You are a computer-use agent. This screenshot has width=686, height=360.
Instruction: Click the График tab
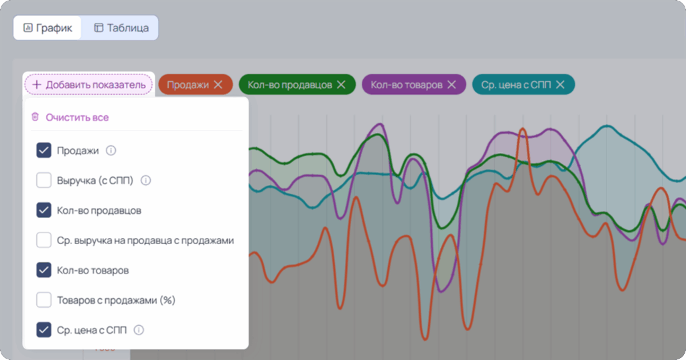(48, 28)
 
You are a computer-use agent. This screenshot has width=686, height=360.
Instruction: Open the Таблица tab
(121, 28)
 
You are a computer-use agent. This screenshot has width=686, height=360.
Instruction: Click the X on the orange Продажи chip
(218, 84)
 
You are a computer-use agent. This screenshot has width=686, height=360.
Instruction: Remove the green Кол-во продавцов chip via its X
(341, 84)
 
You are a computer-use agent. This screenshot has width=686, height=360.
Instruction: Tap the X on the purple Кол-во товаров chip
(452, 84)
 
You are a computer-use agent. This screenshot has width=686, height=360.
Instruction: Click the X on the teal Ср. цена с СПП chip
(560, 84)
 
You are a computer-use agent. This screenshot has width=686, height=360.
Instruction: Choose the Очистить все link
(77, 117)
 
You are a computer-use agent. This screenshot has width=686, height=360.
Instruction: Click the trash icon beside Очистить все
(35, 117)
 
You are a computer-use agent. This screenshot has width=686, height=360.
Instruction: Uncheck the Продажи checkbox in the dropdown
(44, 150)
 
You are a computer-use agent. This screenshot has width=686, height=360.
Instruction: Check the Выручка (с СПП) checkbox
(44, 180)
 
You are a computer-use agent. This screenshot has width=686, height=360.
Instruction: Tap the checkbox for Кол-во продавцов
(44, 211)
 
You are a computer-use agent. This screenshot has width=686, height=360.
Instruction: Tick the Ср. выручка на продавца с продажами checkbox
(44, 240)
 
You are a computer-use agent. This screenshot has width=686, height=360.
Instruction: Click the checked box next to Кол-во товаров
(44, 269)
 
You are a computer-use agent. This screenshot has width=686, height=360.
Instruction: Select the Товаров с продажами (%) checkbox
(44, 300)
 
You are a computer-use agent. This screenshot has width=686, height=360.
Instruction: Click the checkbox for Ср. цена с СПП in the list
(44, 330)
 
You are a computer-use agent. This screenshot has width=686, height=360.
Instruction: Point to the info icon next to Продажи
(111, 151)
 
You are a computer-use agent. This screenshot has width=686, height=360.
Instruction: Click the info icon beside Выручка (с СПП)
(145, 180)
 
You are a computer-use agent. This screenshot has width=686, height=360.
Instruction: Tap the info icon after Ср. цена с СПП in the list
(139, 330)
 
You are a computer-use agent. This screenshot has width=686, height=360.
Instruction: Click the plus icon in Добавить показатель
(37, 84)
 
